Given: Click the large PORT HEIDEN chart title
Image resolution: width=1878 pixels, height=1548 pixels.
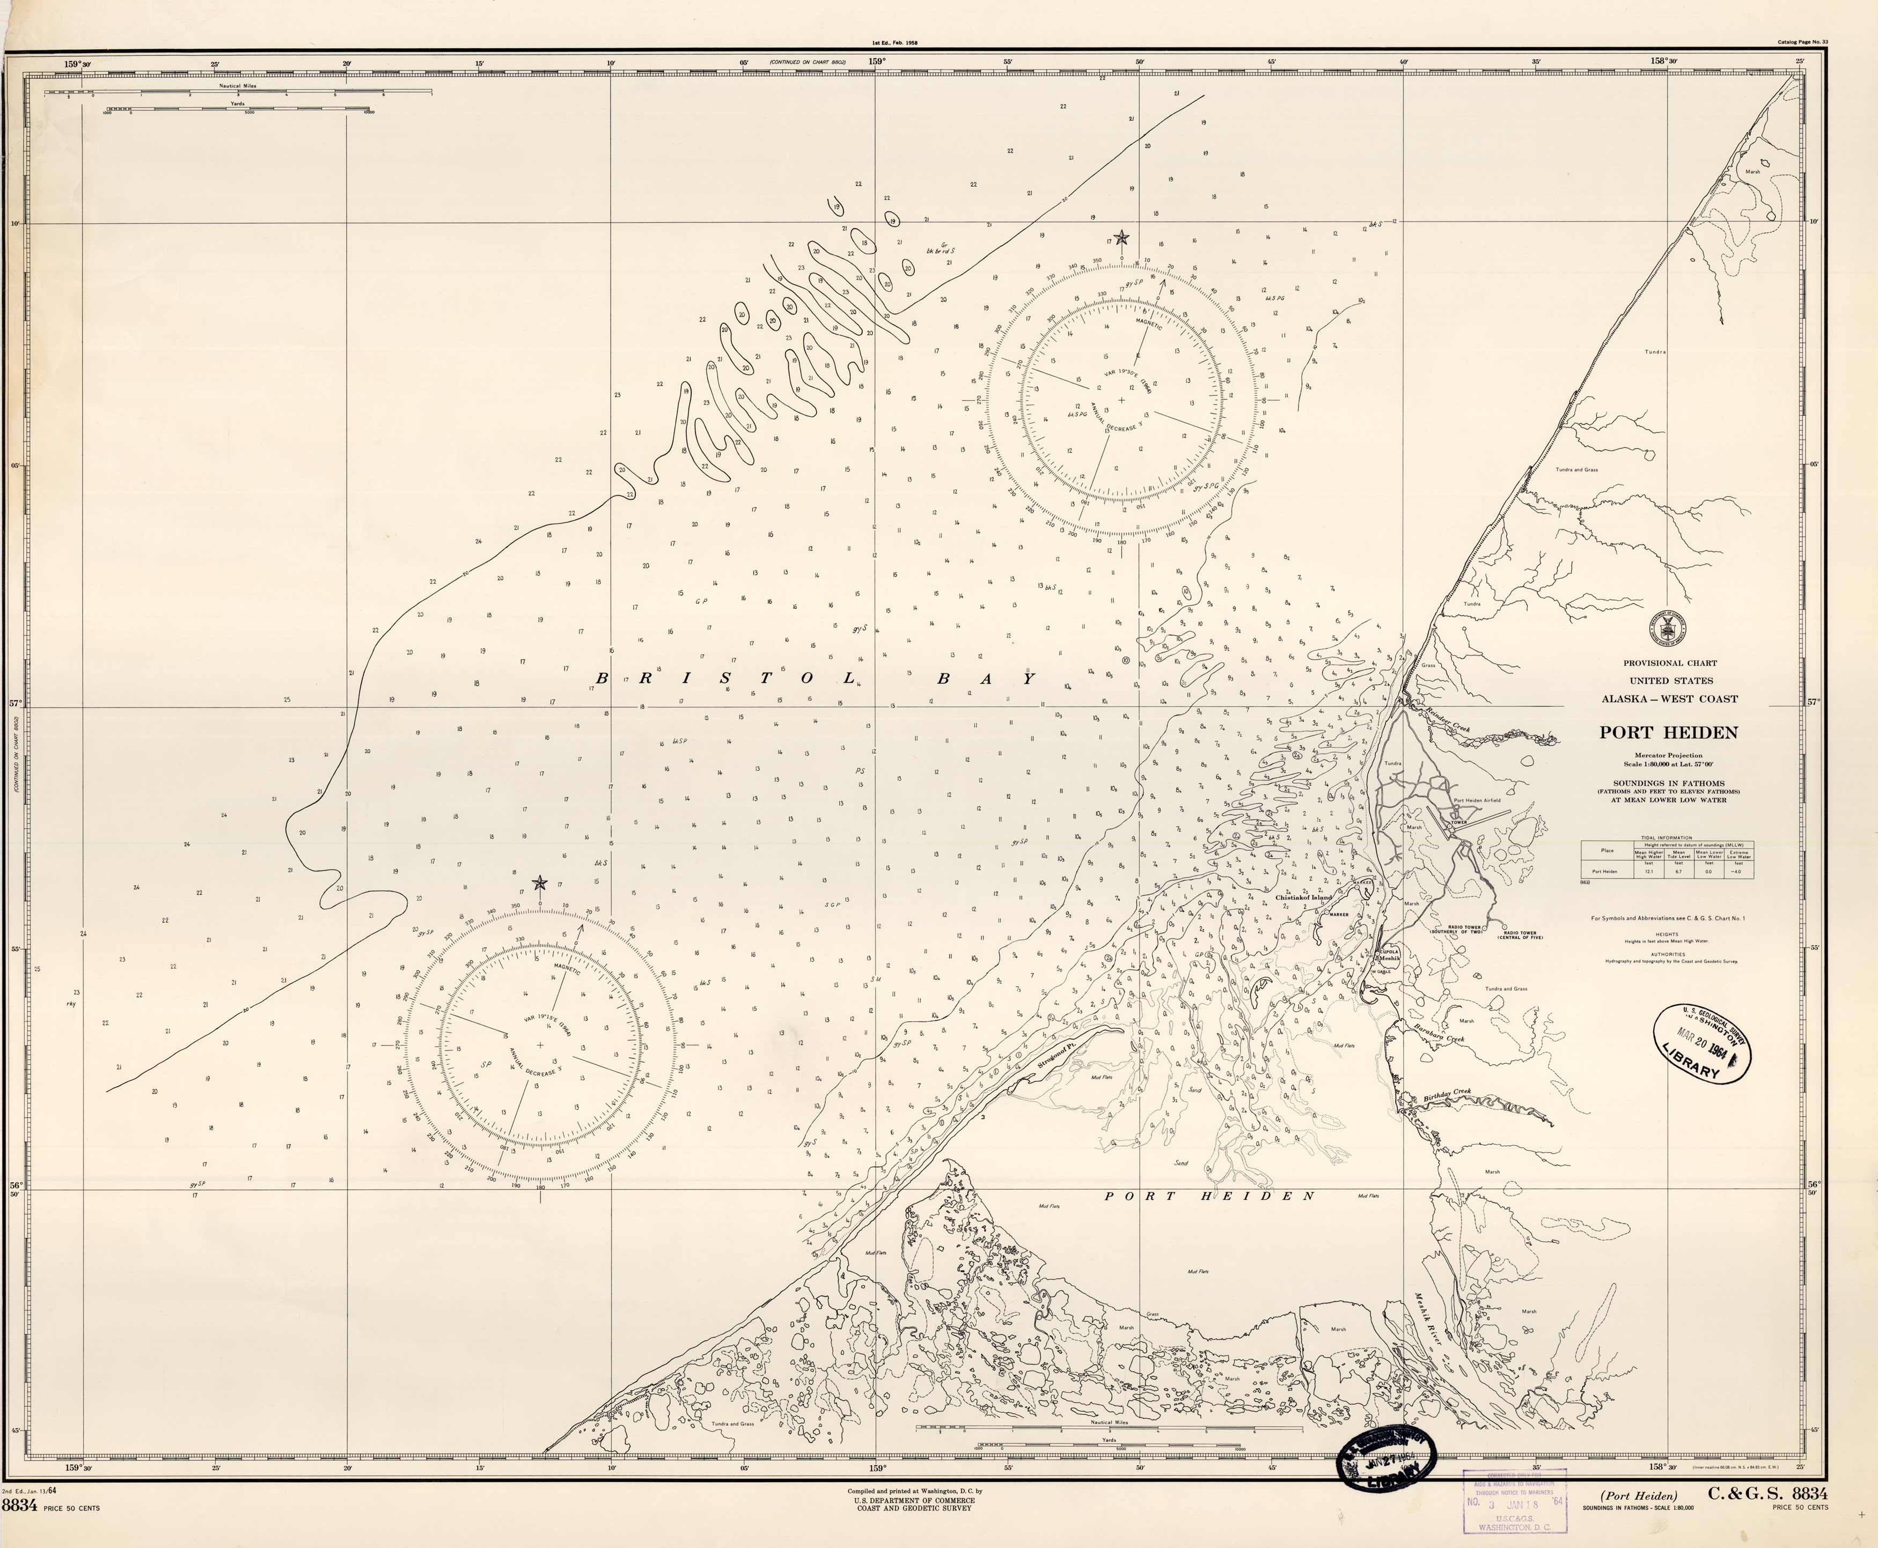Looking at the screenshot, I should click(x=1668, y=733).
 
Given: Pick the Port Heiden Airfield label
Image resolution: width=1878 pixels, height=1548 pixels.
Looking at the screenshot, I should click(x=1477, y=800).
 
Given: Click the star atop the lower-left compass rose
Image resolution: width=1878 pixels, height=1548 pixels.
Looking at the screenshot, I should click(x=539, y=883).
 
